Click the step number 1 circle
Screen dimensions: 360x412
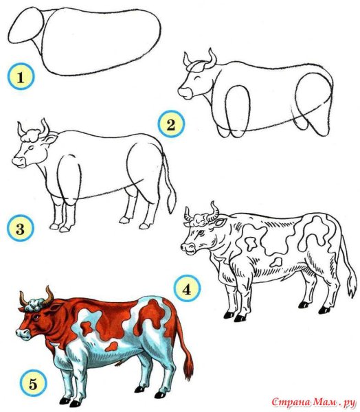tap(21, 76)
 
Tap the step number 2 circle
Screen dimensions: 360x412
tap(171, 124)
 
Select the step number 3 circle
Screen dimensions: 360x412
tap(20, 228)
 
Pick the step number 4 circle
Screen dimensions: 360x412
tap(187, 288)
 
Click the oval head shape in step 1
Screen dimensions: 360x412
tap(26, 25)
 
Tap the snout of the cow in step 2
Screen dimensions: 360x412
tap(185, 93)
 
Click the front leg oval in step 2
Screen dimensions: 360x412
tap(238, 111)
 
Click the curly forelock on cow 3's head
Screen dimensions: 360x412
tap(32, 135)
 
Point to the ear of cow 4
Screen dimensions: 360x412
tap(221, 222)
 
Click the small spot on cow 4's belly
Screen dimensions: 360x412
tap(276, 262)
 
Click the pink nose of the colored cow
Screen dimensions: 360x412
tap(23, 334)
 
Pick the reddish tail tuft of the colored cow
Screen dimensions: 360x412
tap(189, 367)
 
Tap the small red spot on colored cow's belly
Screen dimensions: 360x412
tap(111, 347)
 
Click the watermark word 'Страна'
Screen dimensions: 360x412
tap(291, 402)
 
